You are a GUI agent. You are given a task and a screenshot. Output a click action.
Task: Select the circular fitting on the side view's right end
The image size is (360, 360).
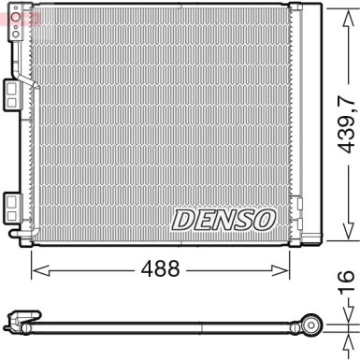[313, 326]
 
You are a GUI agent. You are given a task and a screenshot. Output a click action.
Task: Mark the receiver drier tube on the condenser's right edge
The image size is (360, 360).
[297, 122]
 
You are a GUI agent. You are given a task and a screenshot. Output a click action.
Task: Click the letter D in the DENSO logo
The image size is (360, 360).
[181, 219]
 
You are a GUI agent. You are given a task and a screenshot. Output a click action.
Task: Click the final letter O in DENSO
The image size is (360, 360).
[265, 219]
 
